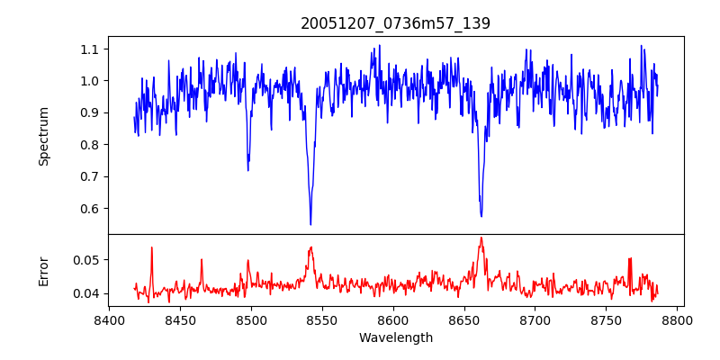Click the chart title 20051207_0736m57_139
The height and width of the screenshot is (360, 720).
(x=395, y=24)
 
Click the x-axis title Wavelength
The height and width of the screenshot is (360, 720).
(x=395, y=338)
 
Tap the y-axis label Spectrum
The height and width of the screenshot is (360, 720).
(x=44, y=136)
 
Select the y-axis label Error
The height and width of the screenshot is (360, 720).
(x=44, y=271)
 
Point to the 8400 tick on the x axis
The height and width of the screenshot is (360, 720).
(x=109, y=319)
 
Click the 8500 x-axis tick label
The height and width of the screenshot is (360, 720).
(x=251, y=319)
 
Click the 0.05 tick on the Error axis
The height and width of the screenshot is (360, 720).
(x=88, y=259)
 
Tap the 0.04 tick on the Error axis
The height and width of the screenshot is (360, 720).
(x=88, y=293)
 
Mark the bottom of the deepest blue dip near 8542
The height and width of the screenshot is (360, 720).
(x=310, y=224)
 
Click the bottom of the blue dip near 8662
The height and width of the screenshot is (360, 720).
(x=481, y=216)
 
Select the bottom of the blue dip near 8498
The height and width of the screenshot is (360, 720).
(x=247, y=170)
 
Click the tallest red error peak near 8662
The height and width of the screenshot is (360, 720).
(x=481, y=238)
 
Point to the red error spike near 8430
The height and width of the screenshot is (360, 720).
(x=151, y=247)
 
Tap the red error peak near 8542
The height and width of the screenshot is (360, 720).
(x=310, y=247)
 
